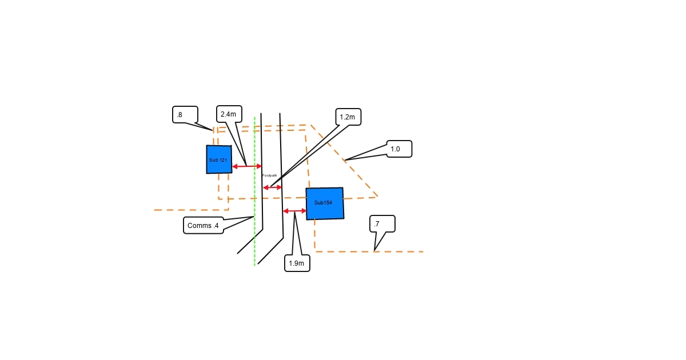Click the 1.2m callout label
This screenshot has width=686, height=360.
pyautogui.click(x=348, y=117)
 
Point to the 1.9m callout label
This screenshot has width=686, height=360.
pyautogui.click(x=297, y=263)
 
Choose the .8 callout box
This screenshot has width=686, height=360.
pyautogui.click(x=185, y=114)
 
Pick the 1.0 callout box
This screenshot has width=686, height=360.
pyautogui.click(x=399, y=149)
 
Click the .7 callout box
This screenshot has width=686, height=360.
pyautogui.click(x=382, y=224)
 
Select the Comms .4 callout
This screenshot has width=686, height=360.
pyautogui.click(x=204, y=226)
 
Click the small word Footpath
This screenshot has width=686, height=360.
pyautogui.click(x=270, y=175)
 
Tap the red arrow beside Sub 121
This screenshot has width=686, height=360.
pyautogui.click(x=247, y=166)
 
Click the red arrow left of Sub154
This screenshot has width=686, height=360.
pyautogui.click(x=295, y=211)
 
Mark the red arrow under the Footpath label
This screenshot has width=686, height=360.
pyautogui.click(x=273, y=187)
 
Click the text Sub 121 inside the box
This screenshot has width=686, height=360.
pyautogui.click(x=218, y=160)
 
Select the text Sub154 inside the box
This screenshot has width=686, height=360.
pyautogui.click(x=323, y=203)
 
